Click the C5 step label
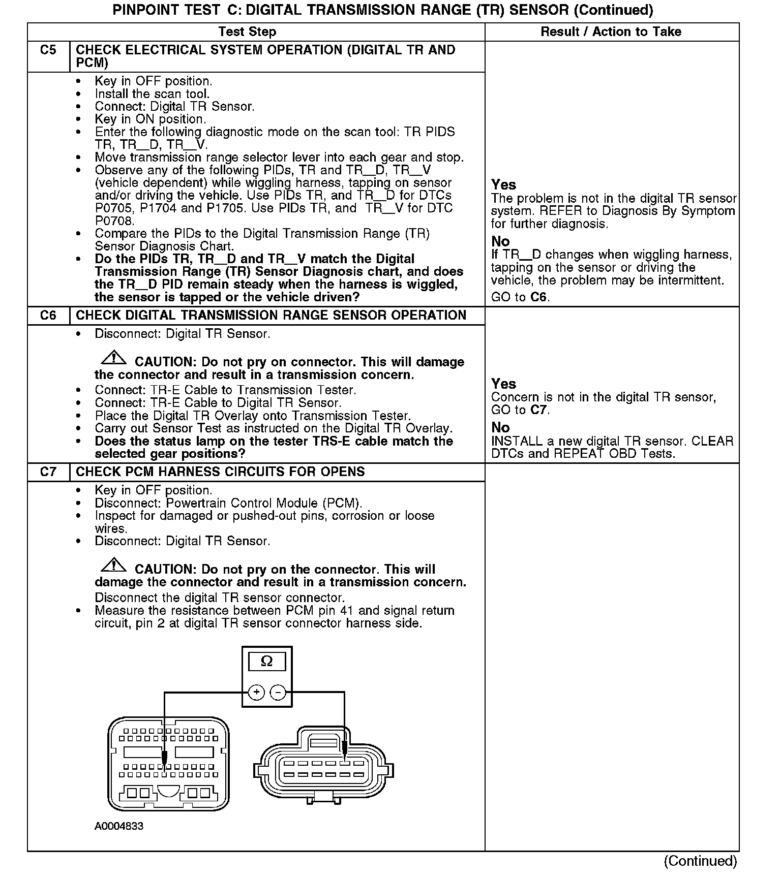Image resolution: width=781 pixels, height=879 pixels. tap(48, 50)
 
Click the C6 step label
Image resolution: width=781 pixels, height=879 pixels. tap(48, 316)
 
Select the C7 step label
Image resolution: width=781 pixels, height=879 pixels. tap(48, 472)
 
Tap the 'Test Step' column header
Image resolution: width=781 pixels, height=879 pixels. tap(247, 32)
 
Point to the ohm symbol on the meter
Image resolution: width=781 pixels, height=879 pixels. tap(266, 661)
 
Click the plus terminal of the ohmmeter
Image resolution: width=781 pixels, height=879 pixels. tap(256, 692)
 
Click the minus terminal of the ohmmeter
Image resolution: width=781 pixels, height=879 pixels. tap(277, 692)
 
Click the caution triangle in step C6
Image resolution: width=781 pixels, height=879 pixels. tap(114, 358)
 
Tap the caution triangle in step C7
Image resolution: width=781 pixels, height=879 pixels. tap(114, 565)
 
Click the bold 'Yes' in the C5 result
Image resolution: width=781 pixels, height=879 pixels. tap(503, 185)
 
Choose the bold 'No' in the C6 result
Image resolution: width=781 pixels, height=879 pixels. tap(500, 428)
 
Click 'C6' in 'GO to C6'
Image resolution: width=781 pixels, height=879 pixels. tap(538, 297)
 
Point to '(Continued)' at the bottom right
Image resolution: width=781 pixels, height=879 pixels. tap(700, 861)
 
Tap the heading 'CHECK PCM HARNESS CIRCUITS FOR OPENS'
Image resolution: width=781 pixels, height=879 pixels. tap(220, 472)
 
